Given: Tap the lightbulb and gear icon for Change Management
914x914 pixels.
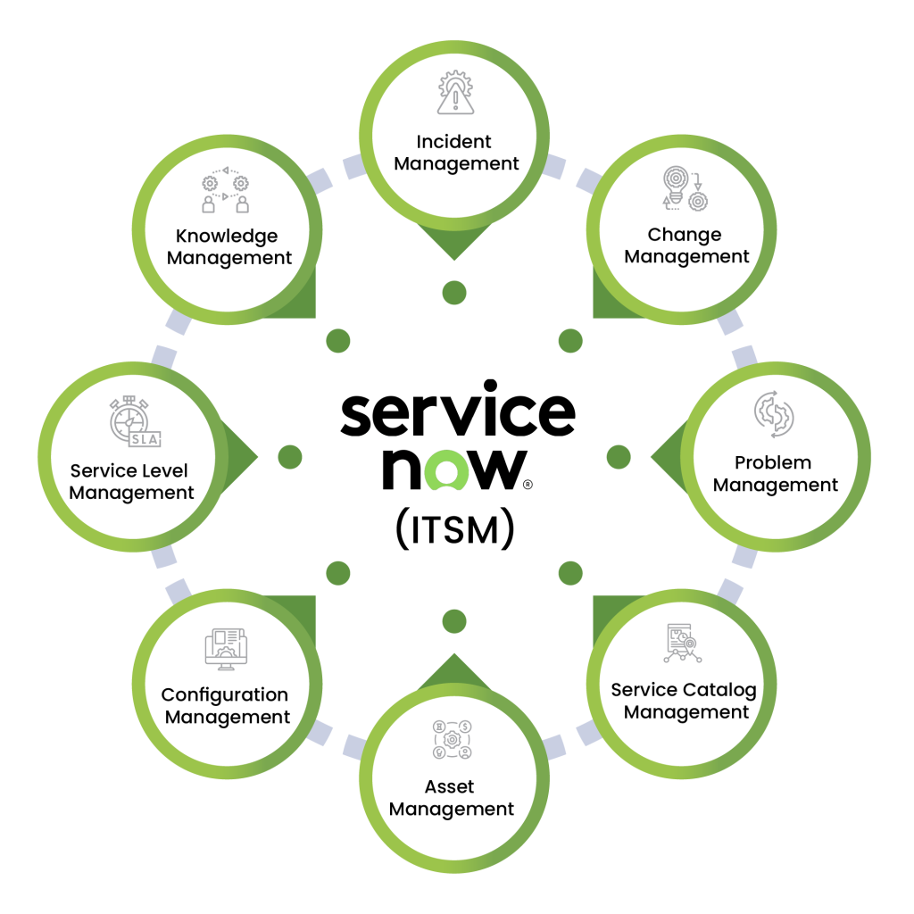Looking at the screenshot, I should coord(683,188).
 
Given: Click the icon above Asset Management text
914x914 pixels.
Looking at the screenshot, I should coord(453,740).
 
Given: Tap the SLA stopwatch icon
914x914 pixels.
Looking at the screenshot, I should coord(134,421).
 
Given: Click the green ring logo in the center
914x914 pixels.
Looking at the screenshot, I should coord(446,470).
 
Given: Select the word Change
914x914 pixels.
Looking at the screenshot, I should coord(684,235).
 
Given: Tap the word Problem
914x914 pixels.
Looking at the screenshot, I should coord(773,462).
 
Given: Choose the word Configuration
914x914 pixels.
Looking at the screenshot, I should coord(224,694).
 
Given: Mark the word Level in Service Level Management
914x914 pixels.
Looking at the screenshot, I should coord(164,470).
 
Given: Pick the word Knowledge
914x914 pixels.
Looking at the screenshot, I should coord(227,237).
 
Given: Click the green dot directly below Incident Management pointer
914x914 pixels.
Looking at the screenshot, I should coord(454,291).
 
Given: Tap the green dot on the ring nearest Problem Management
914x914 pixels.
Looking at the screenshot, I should coord(618,457).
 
